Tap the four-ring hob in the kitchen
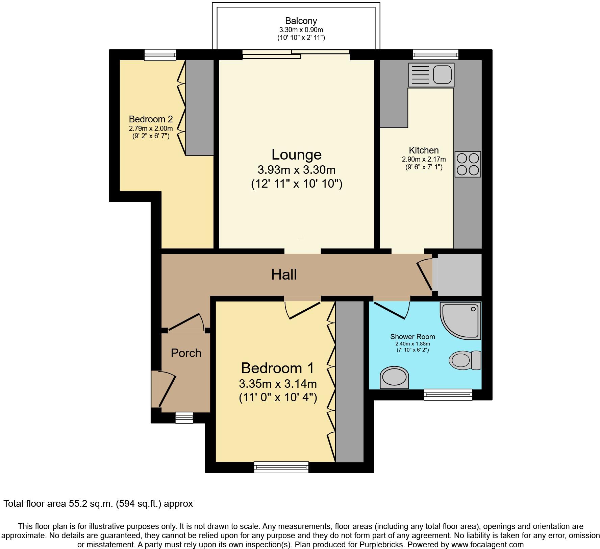tap(468, 164)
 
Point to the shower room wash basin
tap(394, 377)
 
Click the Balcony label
tap(301, 21)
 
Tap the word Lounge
tap(296, 154)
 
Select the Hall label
tap(284, 274)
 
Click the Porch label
tap(186, 353)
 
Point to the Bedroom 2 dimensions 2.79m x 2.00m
tap(151, 128)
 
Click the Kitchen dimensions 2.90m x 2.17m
tap(424, 159)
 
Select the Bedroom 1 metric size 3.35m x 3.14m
tap(278, 384)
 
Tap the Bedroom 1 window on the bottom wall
tap(281, 467)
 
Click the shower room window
tap(448, 395)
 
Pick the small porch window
tap(184, 417)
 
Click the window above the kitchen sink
tap(435, 54)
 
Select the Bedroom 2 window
tap(160, 55)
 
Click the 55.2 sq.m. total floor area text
tap(98, 504)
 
